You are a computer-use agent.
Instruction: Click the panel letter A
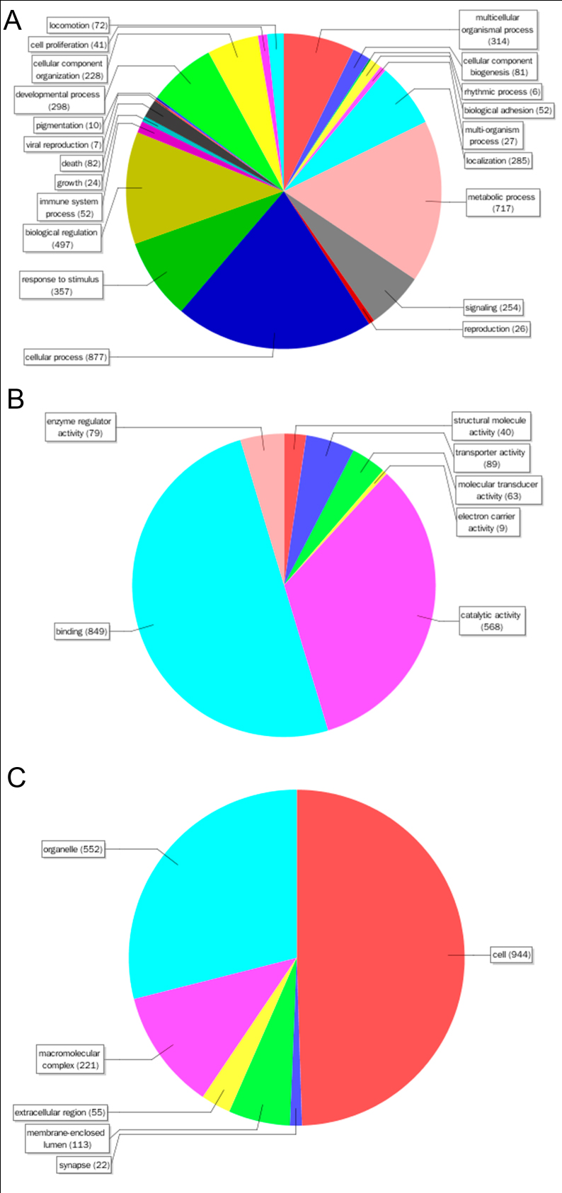pyautogui.click(x=13, y=21)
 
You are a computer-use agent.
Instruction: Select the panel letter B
pyautogui.click(x=15, y=399)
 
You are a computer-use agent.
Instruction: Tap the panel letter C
pyautogui.click(x=16, y=777)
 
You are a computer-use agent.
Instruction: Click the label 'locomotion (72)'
pyautogui.click(x=78, y=25)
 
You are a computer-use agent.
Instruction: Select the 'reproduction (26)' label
pyautogui.click(x=496, y=329)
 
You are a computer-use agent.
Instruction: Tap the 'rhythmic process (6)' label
pyautogui.click(x=501, y=92)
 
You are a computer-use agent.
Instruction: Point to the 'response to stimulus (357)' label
pyautogui.click(x=61, y=285)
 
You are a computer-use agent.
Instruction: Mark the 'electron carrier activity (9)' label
pyautogui.click(x=487, y=522)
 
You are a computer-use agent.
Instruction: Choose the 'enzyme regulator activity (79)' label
pyautogui.click(x=79, y=427)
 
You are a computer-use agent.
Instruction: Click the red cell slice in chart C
pyautogui.click(x=382, y=955)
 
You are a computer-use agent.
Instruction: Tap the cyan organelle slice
pyautogui.click(x=212, y=884)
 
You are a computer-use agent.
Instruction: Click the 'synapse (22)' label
pyautogui.click(x=84, y=1165)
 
